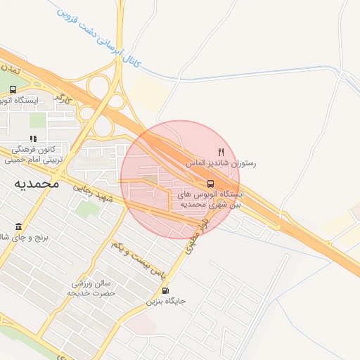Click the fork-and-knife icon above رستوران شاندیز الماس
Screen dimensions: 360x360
coord(221,151)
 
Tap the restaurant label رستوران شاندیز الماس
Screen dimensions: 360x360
coord(221,162)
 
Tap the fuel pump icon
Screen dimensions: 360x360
coord(165,290)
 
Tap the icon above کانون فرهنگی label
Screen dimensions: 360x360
coord(32,139)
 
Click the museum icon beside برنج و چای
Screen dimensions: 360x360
coord(18,227)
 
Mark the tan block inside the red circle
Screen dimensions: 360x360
coord(153,184)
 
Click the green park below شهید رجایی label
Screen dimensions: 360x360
coord(86,209)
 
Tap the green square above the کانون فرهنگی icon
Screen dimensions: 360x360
coord(37,120)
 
